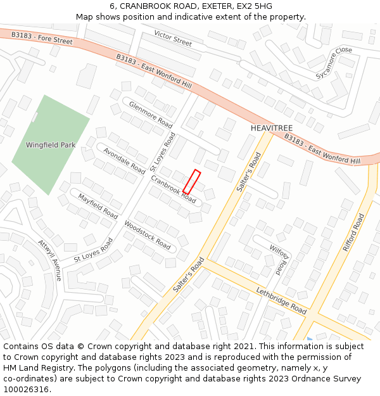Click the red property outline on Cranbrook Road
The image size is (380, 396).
tap(192, 181)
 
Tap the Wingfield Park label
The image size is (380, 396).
tap(51, 145)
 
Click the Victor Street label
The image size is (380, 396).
tap(173, 38)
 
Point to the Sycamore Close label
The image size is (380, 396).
tap(334, 63)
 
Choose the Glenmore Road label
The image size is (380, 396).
tap(150, 114)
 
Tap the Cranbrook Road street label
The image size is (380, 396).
tap(174, 188)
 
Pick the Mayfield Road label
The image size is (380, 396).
tap(98, 207)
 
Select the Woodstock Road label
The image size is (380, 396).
tap(148, 234)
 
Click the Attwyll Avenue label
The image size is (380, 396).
tap(50, 260)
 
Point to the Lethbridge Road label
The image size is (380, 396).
tap(282, 300)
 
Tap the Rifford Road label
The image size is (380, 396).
tap(353, 233)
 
